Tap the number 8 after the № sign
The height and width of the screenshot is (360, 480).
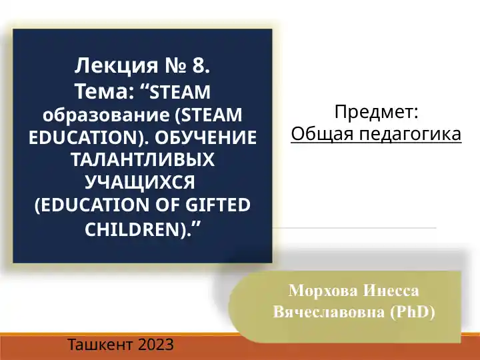[x=200, y=66]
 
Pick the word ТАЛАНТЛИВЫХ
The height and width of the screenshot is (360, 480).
[x=143, y=160]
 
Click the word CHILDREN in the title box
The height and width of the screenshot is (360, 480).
[x=133, y=229]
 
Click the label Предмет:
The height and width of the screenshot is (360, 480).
[x=376, y=112]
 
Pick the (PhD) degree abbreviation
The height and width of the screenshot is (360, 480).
[x=411, y=311]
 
